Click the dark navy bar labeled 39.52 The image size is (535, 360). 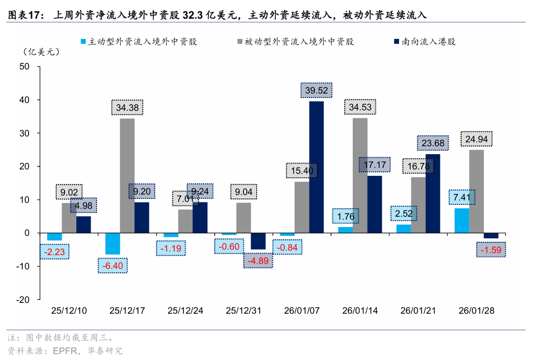click(316, 167)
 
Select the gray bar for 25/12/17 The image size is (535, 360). click(127, 176)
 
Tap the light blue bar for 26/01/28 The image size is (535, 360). click(461, 221)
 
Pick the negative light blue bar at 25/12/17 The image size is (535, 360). click(112, 244)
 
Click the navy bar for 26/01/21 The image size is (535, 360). click(433, 194)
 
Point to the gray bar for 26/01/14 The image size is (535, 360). click(360, 175)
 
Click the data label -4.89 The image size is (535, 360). click(259, 261)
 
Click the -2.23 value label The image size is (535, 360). click(55, 252)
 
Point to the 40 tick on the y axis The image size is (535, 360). click(24, 100)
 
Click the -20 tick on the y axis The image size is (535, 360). click(23, 300)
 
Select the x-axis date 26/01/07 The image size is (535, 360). click(301, 311)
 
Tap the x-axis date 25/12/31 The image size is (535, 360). click(243, 311)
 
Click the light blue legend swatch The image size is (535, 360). click(83, 42)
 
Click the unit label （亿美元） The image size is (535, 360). click(41, 52)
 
